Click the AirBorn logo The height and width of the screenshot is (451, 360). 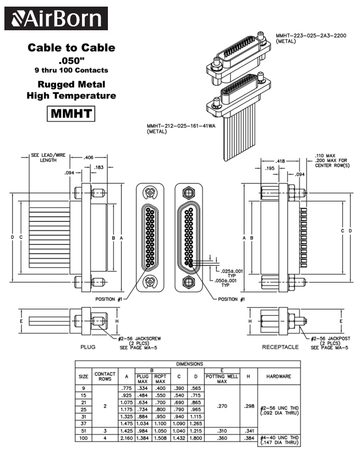56,18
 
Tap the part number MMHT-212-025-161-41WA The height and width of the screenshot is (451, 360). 181,125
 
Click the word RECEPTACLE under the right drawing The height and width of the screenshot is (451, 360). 280,347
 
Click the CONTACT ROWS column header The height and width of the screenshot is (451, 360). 105,376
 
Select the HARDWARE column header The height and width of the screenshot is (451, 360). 279,376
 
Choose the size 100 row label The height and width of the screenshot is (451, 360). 84,438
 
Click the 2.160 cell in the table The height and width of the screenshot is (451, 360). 127,438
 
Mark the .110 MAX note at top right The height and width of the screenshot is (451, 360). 324,155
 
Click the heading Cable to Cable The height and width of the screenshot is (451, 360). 72,48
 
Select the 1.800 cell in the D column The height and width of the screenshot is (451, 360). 195,438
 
